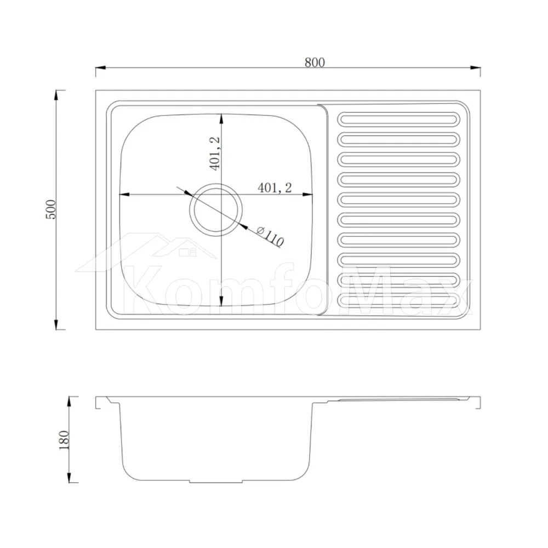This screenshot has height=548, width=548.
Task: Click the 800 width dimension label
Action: (x=315, y=62)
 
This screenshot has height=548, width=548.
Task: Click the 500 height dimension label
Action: (x=50, y=210)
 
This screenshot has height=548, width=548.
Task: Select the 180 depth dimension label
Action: (x=64, y=439)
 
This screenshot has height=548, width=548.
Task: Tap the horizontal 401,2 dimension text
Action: (x=275, y=187)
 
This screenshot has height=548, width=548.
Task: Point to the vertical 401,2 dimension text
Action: (x=215, y=153)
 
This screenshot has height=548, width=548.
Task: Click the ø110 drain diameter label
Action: (x=271, y=236)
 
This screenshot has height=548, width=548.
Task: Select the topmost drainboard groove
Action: (x=399, y=119)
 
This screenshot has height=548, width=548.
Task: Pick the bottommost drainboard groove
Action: (x=399, y=300)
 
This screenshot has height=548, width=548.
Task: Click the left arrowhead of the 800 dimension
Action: (x=101, y=67)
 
